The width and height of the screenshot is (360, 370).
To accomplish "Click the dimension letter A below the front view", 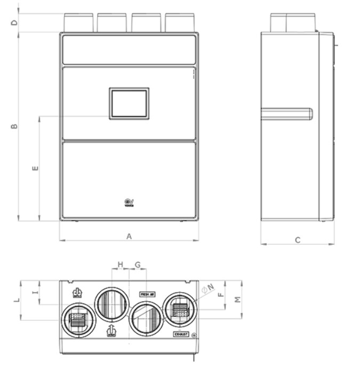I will coord(129,236).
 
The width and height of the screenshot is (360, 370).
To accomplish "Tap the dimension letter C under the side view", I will coord(298,240).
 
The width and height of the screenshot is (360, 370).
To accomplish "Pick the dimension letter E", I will coord(35,169).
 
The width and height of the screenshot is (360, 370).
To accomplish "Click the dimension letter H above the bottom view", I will coord(120,265).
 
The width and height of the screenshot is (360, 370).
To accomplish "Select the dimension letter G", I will coord(138,265).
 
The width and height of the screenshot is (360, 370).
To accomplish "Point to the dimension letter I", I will coord(35,292).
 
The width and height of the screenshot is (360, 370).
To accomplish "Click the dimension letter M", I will coord(238,300).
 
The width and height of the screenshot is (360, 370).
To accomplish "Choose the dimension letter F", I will coord(220,294).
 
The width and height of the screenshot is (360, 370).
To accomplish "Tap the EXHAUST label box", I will coord(181,334).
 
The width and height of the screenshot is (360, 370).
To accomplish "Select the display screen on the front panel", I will coord(129,104).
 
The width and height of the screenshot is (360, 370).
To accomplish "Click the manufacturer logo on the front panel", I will coord(129,203).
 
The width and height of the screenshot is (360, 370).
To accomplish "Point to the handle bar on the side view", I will coord(286,113).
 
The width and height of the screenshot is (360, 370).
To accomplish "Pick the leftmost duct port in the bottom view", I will coord(78,320).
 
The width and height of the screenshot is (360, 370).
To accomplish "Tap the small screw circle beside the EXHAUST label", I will coord(193,335).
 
